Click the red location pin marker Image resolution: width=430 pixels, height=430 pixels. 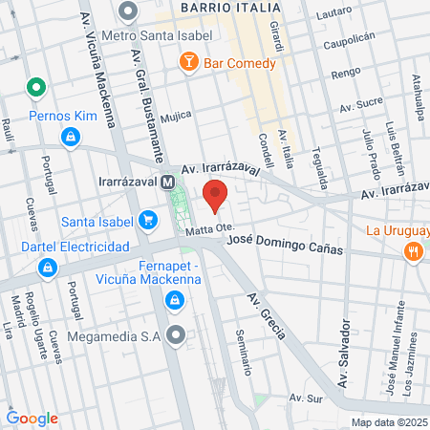[216, 195]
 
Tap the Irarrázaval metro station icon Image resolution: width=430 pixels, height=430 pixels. [168, 181]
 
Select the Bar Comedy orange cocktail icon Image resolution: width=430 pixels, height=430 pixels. [188, 64]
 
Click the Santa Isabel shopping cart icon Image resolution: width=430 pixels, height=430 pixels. [147, 222]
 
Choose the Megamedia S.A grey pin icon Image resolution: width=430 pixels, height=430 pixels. [175, 335]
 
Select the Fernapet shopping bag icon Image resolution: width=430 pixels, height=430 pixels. [174, 303]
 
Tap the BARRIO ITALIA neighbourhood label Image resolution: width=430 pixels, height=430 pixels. [226, 7]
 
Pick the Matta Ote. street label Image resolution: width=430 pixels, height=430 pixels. [210, 230]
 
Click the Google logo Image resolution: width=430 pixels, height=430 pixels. [32, 418]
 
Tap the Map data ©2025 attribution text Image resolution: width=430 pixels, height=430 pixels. [389, 421]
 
